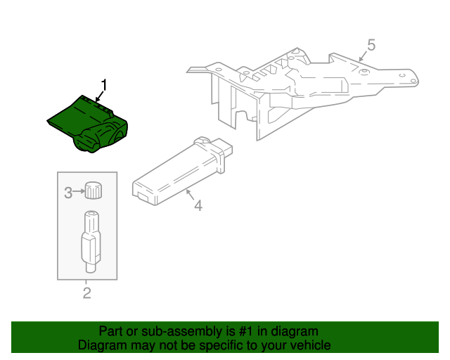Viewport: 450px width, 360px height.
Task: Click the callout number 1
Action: click(x=104, y=86)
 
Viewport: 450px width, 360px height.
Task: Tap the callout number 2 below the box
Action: click(x=86, y=293)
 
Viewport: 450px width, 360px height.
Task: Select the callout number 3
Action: click(x=68, y=192)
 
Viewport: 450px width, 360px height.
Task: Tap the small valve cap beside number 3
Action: click(x=93, y=190)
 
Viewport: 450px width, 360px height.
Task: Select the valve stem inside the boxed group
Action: click(x=91, y=240)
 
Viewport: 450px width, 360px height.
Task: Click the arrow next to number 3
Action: click(x=78, y=191)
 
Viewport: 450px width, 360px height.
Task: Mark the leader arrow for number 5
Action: click(x=363, y=56)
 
